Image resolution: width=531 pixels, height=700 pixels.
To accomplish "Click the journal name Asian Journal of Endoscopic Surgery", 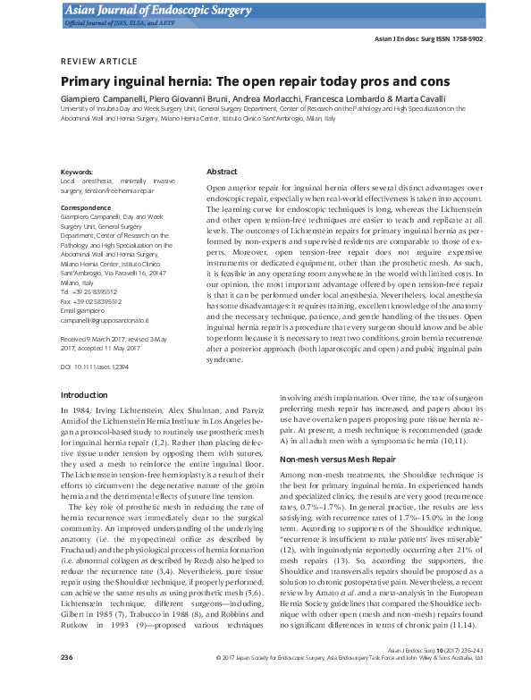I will click(143, 9).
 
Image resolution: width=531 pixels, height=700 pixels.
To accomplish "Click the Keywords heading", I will click(76, 171).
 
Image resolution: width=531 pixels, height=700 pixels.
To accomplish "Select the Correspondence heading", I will click(86, 207).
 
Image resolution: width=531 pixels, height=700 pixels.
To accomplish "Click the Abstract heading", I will click(222, 171).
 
